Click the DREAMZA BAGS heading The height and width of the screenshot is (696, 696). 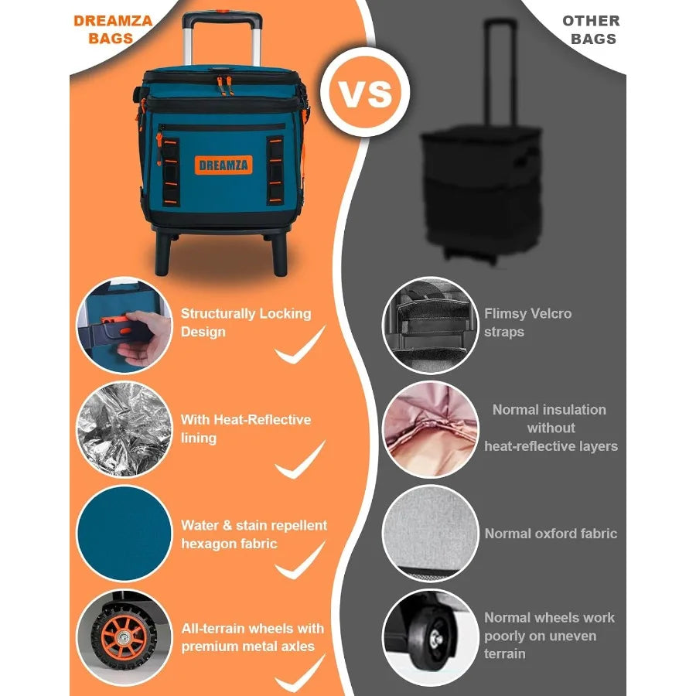(x=113, y=29)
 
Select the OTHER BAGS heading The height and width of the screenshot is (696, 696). (x=590, y=29)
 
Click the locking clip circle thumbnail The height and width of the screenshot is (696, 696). (x=124, y=326)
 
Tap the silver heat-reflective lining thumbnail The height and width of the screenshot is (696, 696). (x=124, y=429)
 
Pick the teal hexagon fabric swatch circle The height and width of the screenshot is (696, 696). (x=124, y=534)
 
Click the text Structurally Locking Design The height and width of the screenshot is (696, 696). (x=246, y=322)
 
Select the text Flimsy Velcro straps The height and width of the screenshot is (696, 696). (x=528, y=322)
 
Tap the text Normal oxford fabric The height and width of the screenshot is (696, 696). (x=551, y=534)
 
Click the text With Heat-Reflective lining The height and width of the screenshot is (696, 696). (x=246, y=428)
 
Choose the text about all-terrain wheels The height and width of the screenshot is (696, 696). (x=253, y=637)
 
